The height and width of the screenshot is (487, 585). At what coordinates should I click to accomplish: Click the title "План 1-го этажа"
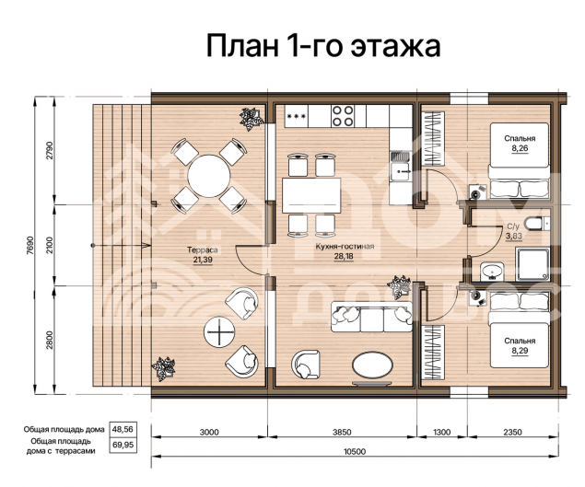point(323,45)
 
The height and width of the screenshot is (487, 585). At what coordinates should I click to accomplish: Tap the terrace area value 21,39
point(203,260)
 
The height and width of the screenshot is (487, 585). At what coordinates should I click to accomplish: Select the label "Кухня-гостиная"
point(345,247)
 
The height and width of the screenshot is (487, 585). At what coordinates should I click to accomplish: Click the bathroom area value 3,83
point(514,236)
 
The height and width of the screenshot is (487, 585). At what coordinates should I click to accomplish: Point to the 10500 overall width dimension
point(354,452)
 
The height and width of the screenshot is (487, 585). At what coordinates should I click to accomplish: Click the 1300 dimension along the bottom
point(442,432)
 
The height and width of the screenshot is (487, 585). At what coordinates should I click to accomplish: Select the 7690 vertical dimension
point(30,245)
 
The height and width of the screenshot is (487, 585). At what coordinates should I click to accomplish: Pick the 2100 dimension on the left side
point(50,245)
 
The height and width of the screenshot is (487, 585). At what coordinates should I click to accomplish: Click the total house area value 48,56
point(123,429)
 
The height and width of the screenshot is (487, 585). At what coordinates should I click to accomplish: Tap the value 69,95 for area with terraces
point(123,445)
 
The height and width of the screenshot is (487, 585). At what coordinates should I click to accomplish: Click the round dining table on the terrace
point(209,176)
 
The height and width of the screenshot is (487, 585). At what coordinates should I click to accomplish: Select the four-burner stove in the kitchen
point(343,116)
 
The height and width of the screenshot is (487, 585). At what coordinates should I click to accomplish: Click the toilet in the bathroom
point(537,224)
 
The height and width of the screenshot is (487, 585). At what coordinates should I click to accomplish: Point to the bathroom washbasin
point(492,271)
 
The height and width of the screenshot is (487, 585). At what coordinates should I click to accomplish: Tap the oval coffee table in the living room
point(373,365)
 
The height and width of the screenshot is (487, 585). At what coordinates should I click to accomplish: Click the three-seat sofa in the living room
point(371,317)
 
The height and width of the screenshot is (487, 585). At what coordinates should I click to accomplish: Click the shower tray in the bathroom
point(532,264)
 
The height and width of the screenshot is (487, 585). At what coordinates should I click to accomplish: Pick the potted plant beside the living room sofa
point(399,286)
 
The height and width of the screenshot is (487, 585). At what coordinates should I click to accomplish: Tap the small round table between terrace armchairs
point(219,331)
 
